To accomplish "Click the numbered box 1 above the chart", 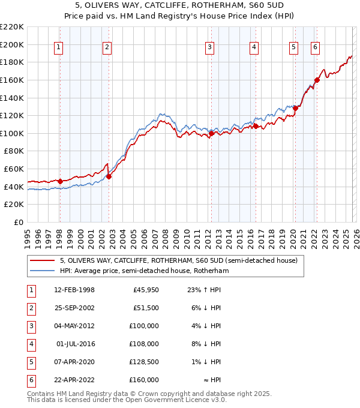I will point(59,48).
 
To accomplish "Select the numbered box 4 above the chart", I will point(254,48).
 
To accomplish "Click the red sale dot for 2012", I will point(211,134).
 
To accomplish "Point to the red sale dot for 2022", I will point(317,80).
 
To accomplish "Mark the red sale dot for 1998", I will point(60,181).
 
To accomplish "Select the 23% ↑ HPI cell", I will point(200,290).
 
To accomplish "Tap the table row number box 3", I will point(30,326).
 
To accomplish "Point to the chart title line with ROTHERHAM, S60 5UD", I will point(179,6).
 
